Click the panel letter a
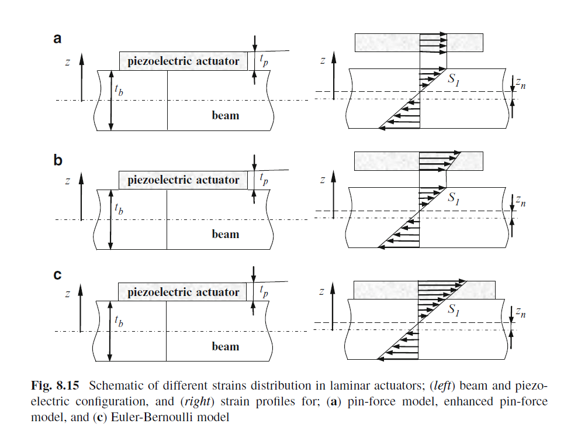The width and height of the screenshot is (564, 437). pyautogui.click(x=57, y=39)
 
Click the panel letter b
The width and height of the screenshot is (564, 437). pyautogui.click(x=58, y=160)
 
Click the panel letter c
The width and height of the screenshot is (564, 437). pyautogui.click(x=57, y=273)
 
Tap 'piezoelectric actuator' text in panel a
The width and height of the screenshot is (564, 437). pyautogui.click(x=184, y=61)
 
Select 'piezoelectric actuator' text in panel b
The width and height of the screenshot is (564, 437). pyautogui.click(x=184, y=180)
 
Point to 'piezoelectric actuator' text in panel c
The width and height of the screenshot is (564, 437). pyautogui.click(x=184, y=292)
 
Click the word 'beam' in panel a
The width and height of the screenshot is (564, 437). pyautogui.click(x=225, y=115)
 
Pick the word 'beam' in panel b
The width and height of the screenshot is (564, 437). pyautogui.click(x=225, y=235)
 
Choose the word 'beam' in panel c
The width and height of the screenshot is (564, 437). pyautogui.click(x=225, y=346)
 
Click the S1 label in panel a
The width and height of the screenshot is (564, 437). pyautogui.click(x=454, y=80)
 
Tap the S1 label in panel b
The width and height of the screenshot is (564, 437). pyautogui.click(x=454, y=199)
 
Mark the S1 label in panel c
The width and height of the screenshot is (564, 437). pyautogui.click(x=454, y=311)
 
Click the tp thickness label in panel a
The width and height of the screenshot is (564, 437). pyautogui.click(x=264, y=61)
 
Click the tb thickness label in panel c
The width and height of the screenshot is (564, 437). pyautogui.click(x=119, y=321)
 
